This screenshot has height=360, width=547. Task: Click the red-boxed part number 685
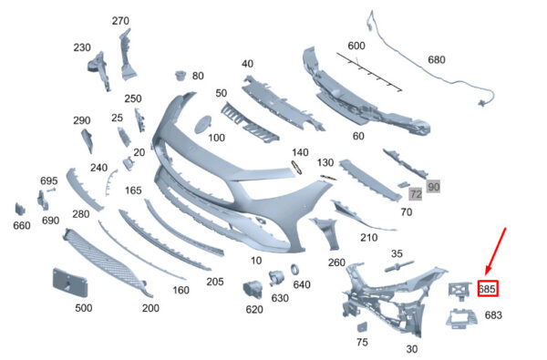[x=488, y=289]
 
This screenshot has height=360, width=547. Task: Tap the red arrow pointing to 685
[x=496, y=252]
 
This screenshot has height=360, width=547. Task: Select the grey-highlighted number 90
[x=433, y=187]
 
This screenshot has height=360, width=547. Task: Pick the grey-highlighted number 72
[x=416, y=193]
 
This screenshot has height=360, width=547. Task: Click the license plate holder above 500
[x=70, y=283]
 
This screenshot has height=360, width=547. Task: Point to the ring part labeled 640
[x=295, y=269]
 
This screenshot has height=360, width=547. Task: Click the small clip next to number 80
[x=181, y=75]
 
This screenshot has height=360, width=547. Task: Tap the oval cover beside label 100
[x=202, y=124]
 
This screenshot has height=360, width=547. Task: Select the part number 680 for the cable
[x=436, y=59]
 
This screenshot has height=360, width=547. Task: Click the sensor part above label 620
[x=253, y=289]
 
